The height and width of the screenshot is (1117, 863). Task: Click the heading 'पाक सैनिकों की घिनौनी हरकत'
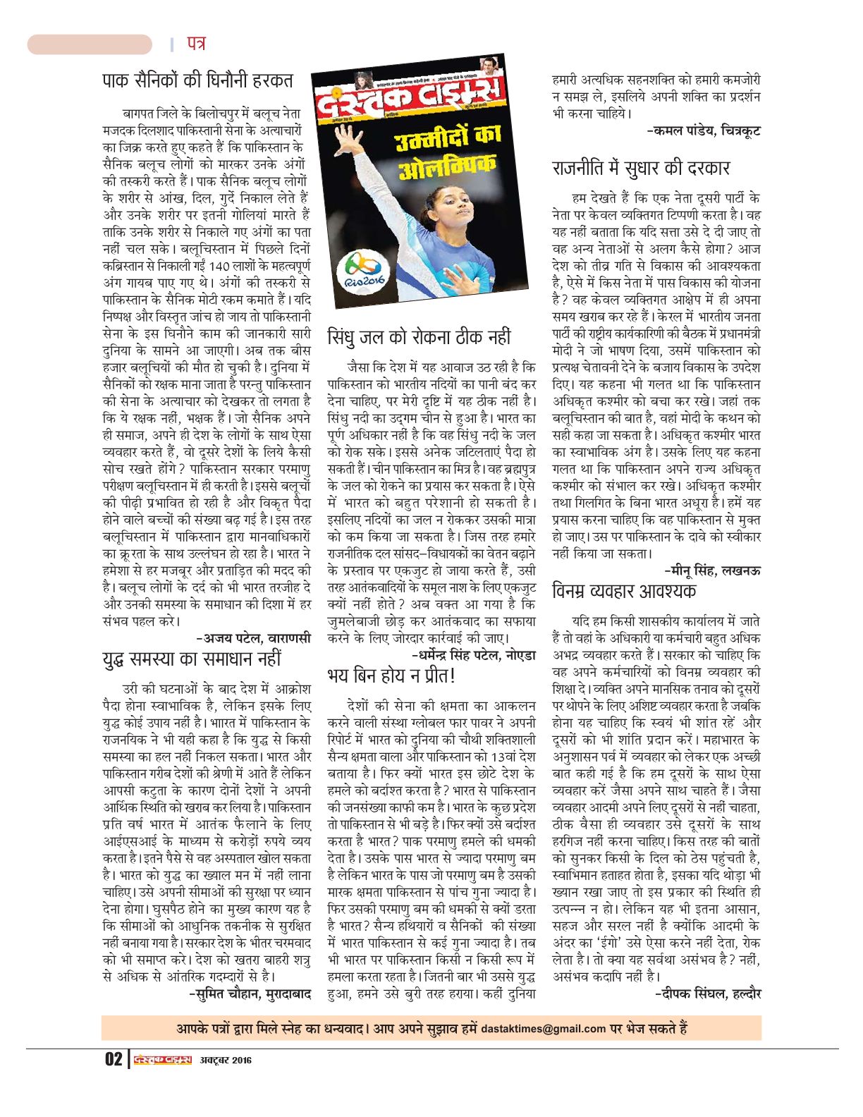click(197, 80)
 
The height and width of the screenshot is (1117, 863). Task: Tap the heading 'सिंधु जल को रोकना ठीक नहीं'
click(419, 337)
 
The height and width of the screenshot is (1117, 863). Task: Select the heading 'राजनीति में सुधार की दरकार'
click(640, 168)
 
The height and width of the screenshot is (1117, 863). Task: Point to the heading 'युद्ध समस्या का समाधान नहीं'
click(192, 659)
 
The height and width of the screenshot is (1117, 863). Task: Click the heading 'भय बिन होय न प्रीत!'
click(392, 675)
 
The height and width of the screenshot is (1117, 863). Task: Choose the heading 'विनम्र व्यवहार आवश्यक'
click(624, 590)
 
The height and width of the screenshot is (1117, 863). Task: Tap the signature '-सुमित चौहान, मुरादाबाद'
click(250, 994)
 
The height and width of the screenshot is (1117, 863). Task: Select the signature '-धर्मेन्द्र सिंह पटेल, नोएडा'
click(473, 656)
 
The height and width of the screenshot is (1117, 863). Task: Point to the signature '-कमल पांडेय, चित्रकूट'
click(703, 130)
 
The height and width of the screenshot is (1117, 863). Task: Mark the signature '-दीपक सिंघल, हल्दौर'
click(707, 994)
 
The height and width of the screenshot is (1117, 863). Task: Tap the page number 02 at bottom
click(114, 1059)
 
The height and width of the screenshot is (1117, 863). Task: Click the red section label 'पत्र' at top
click(196, 44)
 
